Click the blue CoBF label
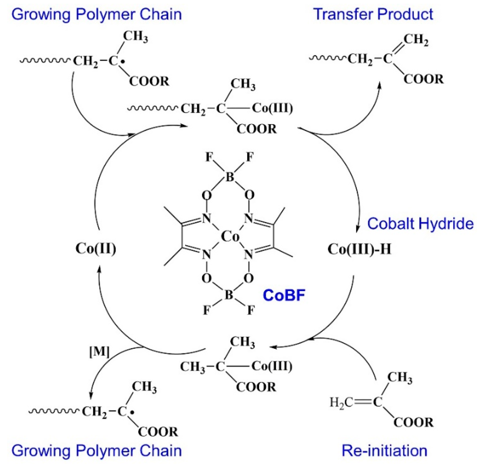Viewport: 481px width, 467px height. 284,295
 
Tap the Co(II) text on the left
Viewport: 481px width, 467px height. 96,248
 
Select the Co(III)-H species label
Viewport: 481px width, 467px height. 359,249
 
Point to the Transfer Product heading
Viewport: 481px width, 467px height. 373,14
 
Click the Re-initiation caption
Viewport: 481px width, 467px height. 384,450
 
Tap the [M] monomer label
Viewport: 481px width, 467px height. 99,352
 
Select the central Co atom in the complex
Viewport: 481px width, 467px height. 230,236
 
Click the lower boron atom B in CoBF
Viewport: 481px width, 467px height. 229,295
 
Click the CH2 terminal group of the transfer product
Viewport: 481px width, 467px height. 416,40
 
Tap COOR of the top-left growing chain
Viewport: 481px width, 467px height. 149,81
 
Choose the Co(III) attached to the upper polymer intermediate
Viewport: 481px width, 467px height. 272,108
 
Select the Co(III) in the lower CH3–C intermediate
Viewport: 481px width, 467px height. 271,366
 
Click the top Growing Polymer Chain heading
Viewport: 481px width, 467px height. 96,14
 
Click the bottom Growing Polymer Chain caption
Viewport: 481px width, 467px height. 96,450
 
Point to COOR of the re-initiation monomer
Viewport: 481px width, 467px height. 413,422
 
